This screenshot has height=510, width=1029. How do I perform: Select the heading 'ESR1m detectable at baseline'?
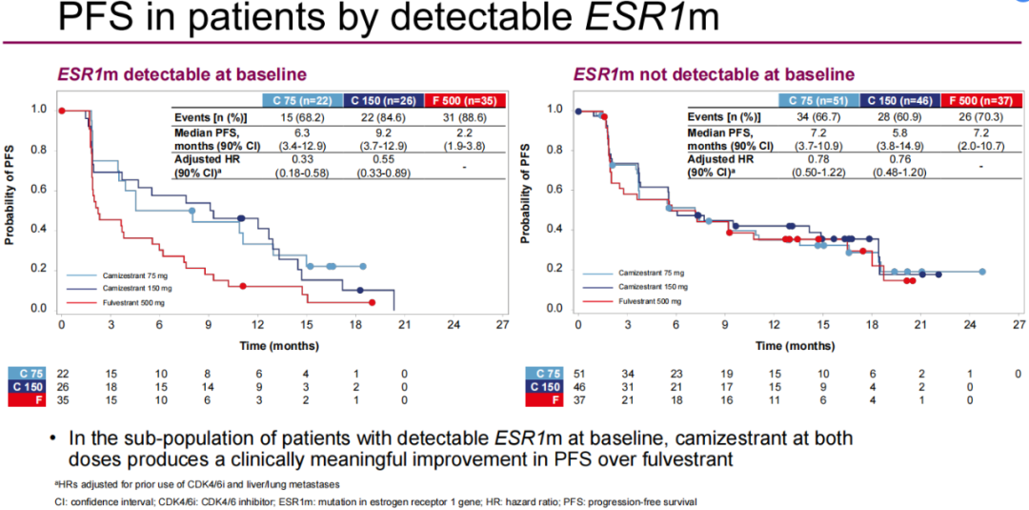pyautogui.click(x=182, y=74)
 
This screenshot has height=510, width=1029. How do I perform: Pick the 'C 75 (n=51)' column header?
pyautogui.click(x=818, y=101)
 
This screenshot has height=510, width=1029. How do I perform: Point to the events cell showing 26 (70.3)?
pyautogui.click(x=979, y=115)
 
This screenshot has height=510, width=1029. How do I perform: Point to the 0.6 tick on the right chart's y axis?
pyautogui.click(x=555, y=190)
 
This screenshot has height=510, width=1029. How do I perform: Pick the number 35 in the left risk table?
pyautogui.click(x=63, y=400)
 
